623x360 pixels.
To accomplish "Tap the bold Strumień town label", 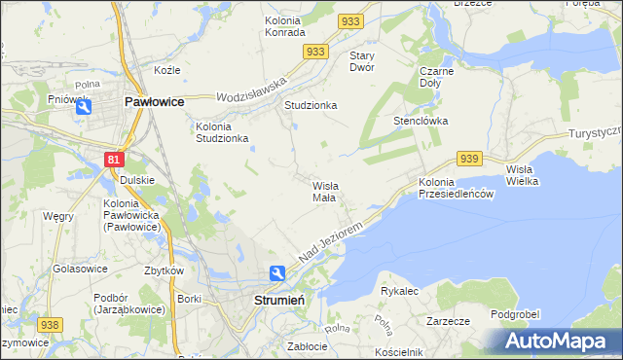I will (x=280, y=301).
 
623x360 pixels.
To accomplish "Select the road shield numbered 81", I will (x=115, y=159).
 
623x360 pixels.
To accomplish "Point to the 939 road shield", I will (x=469, y=159).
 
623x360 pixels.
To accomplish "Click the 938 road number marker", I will (x=50, y=324).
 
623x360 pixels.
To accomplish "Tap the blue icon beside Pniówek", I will (x=85, y=108).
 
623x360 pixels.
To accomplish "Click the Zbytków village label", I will (x=164, y=270).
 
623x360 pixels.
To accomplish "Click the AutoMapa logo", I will (x=559, y=342).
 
